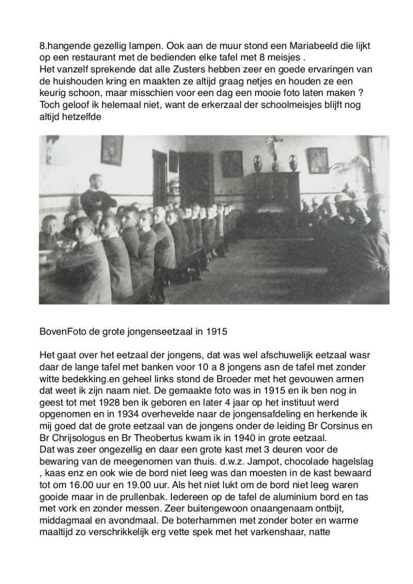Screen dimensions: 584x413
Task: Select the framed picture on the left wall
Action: coord(112,150)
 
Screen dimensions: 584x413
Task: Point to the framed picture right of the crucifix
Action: coord(317,160)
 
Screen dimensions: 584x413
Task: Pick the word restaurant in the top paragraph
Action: coord(85,57)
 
